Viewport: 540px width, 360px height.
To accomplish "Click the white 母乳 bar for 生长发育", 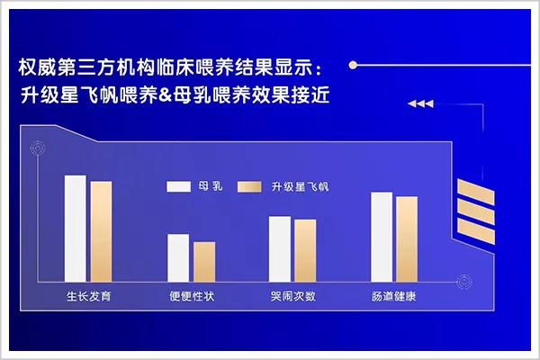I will coord(76,228).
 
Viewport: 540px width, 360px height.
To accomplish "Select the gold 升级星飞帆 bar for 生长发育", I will coord(101,231).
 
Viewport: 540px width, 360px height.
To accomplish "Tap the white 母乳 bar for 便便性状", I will coord(178,257).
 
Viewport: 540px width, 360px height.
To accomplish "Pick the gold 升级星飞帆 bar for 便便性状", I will coord(204,261).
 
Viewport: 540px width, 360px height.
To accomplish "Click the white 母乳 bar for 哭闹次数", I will coord(280,248).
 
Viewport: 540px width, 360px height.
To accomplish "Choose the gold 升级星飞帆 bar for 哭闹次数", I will coord(305,250).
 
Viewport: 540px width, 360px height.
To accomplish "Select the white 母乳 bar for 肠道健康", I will coord(382,237).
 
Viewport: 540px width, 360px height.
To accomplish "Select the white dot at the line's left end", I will coord(355,65).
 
